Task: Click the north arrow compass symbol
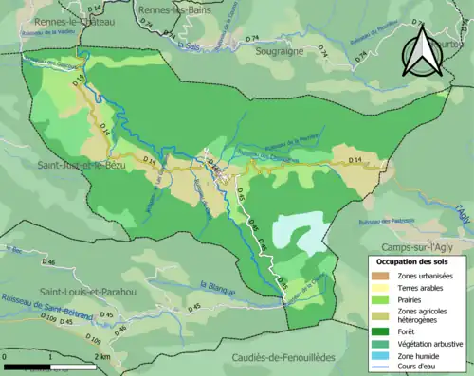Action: pyautogui.click(x=424, y=50)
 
